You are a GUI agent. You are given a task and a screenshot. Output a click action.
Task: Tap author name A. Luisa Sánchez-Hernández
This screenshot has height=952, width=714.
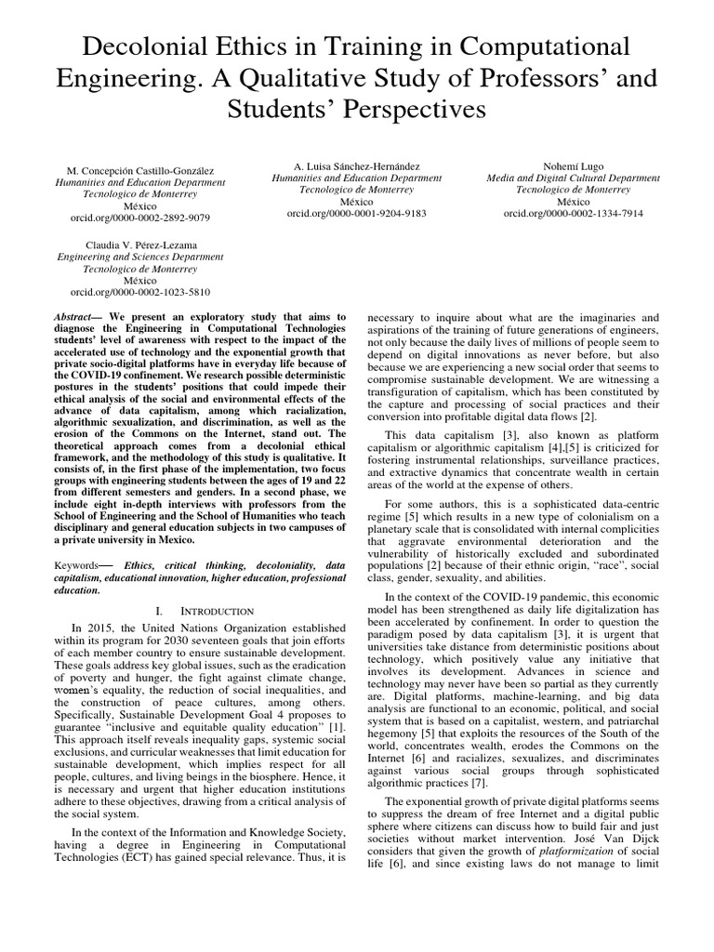[357, 165]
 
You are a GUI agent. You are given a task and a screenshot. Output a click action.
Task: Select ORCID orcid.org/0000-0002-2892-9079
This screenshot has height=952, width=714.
[141, 217]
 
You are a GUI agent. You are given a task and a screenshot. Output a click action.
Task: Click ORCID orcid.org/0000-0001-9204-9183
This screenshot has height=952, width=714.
[357, 213]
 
